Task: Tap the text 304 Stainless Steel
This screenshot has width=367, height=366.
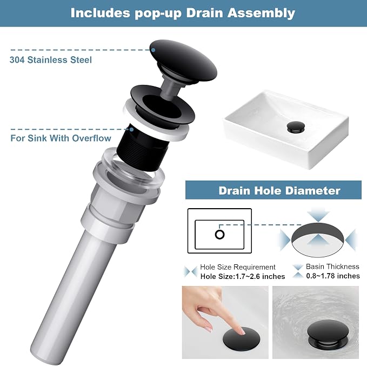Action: click(x=51, y=60)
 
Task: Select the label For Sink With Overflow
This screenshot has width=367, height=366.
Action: click(x=61, y=138)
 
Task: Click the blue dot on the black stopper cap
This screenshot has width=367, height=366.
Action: click(x=153, y=50)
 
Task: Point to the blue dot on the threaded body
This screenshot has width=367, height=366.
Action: click(x=132, y=129)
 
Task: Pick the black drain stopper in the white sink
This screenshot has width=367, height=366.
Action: click(x=296, y=128)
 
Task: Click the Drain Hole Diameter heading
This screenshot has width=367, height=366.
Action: click(x=279, y=191)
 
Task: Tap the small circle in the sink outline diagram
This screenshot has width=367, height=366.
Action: click(x=219, y=235)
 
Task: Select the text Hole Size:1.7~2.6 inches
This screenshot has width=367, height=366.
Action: click(x=243, y=277)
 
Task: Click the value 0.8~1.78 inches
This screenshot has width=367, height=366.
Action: click(x=333, y=276)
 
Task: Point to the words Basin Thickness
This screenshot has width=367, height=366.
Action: click(x=332, y=267)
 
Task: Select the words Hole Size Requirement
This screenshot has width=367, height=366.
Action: click(x=238, y=267)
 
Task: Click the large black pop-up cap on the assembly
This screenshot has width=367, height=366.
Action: click(x=183, y=61)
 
